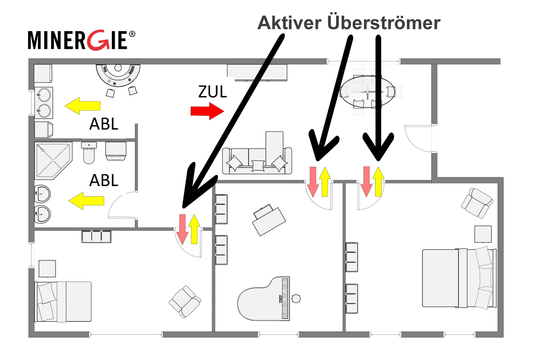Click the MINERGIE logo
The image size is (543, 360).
[81, 40]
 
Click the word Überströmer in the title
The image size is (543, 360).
[383, 23]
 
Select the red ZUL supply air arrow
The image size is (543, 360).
[207, 111]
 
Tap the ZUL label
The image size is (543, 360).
[212, 92]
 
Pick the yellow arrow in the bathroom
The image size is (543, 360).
[86, 200]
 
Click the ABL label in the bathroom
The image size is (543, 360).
[103, 180]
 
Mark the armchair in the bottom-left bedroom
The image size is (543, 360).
[185, 301]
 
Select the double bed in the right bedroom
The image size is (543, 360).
[458, 278]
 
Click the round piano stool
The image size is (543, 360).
[296, 299]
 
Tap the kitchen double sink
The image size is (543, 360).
[44, 103]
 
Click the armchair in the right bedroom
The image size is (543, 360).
[477, 203]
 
